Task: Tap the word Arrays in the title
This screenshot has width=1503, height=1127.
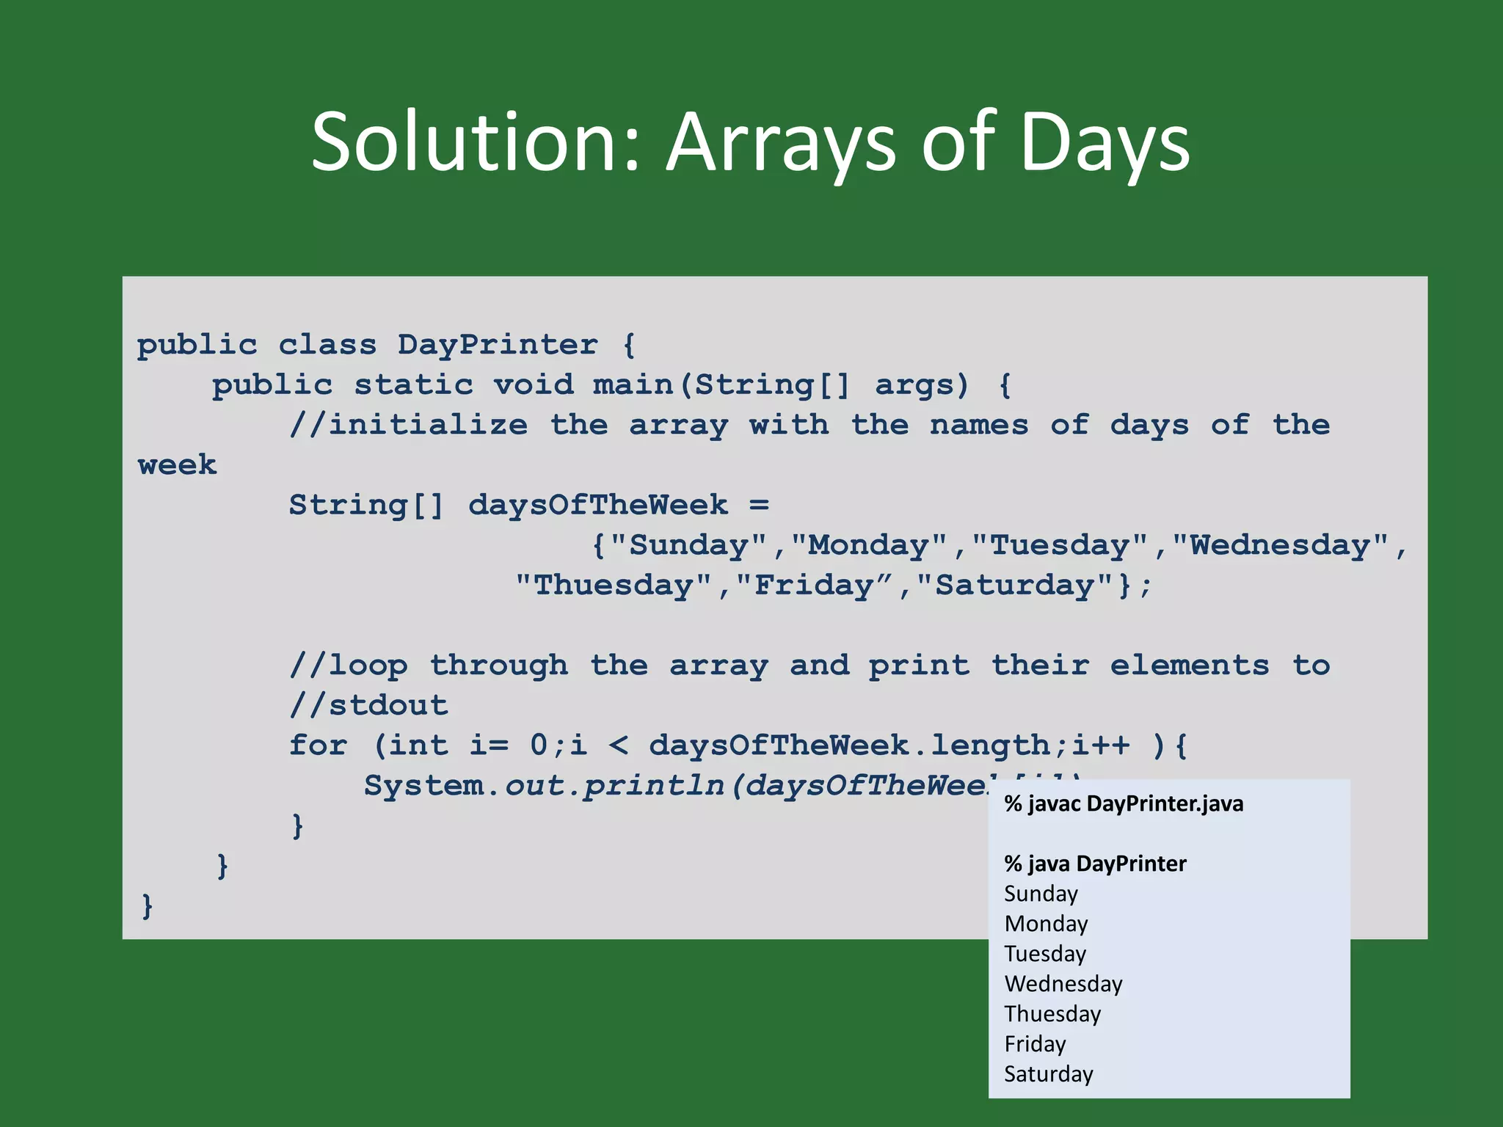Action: coord(781,141)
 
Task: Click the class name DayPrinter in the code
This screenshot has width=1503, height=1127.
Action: coord(498,345)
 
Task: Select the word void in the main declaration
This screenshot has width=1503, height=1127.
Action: coord(533,385)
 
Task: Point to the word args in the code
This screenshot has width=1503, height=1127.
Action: coord(922,385)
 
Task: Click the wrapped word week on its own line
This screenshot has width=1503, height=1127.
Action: coord(178,465)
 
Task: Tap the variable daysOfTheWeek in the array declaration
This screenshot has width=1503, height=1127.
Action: coord(598,505)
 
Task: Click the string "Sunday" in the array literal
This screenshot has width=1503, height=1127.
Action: coord(688,545)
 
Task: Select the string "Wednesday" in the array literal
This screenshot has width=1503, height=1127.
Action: coord(1280,545)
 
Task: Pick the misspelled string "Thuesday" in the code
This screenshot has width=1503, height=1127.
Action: coord(614,586)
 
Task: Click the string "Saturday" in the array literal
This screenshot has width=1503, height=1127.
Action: coord(1015,586)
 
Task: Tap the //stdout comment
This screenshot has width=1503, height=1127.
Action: coord(368,705)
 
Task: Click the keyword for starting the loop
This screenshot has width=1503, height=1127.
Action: coord(318,745)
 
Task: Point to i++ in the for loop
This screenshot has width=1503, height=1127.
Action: coord(1101,745)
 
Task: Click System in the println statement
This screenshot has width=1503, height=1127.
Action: coord(424,786)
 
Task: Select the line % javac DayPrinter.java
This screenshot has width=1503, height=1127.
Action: coord(1124,804)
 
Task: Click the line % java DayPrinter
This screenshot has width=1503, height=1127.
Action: coord(1095,864)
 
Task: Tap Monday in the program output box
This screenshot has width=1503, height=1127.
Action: coord(1046,924)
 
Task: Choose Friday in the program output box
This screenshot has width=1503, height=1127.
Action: coord(1035,1043)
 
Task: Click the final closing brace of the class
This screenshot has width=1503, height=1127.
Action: coord(147,906)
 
